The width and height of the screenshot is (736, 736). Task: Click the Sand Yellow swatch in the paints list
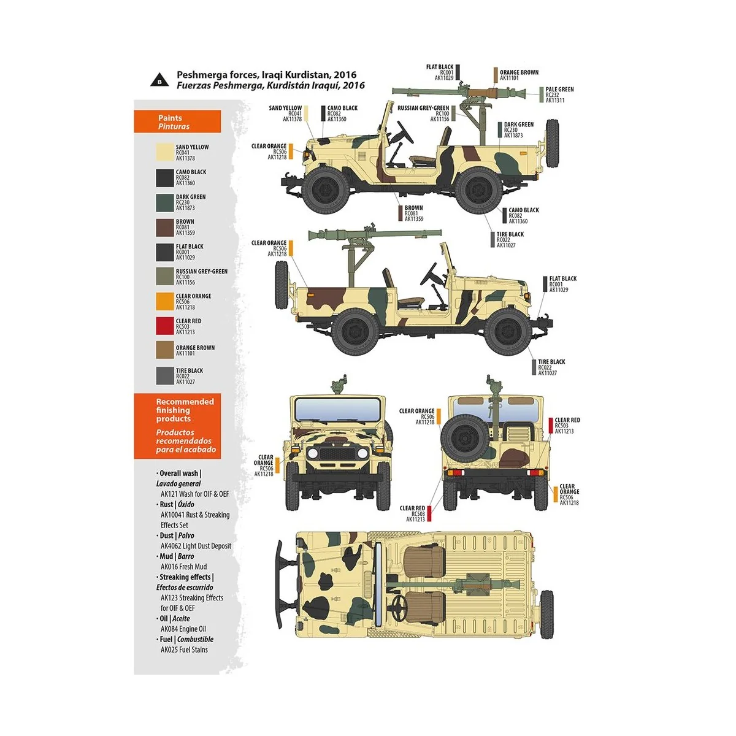coord(165,152)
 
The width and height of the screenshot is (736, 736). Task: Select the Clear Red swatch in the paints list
coord(165,326)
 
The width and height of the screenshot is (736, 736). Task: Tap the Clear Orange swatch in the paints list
coord(165,301)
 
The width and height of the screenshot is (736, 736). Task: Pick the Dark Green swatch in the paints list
coord(165,202)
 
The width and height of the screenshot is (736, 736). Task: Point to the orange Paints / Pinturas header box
coord(177,121)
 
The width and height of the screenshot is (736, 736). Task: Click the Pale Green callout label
coord(559,94)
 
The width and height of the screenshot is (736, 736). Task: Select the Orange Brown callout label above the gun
coord(518,75)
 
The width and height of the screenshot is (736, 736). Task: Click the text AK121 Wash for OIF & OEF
coord(194,494)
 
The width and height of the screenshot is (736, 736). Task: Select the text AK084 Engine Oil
coord(183,629)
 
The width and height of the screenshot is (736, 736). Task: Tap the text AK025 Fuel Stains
coord(184,650)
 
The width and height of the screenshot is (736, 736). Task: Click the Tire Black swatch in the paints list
coord(165,375)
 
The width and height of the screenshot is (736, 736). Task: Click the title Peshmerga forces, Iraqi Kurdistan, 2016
coord(266,75)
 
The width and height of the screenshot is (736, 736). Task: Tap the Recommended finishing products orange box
coord(177,426)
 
